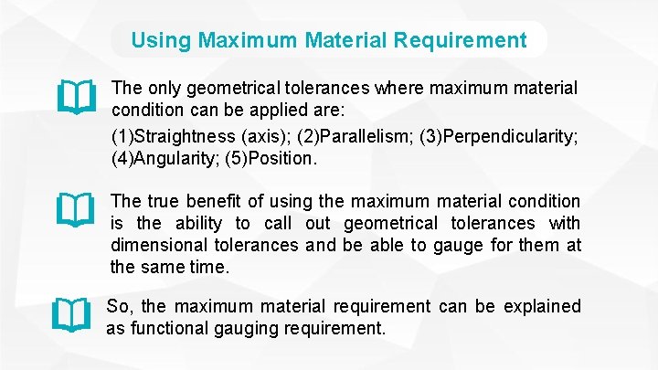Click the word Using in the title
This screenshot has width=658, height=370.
[161, 40]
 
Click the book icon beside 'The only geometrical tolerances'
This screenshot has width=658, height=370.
[75, 94]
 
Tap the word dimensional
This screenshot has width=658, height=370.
[157, 245]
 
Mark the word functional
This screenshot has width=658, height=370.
[166, 328]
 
